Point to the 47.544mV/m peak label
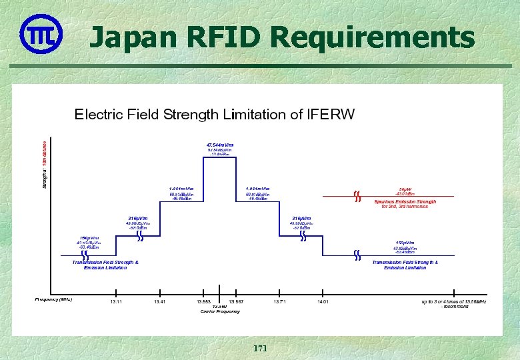click(219, 145)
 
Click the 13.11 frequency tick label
click(116, 302)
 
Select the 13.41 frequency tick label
click(159, 302)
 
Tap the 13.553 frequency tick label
click(205, 302)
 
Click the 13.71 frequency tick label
click(279, 302)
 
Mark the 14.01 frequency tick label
click(323, 302)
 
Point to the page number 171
click(259, 349)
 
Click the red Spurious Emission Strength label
click(405, 201)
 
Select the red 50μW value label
click(405, 189)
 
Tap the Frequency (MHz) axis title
click(53, 299)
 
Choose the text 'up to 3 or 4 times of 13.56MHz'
click(453, 302)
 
